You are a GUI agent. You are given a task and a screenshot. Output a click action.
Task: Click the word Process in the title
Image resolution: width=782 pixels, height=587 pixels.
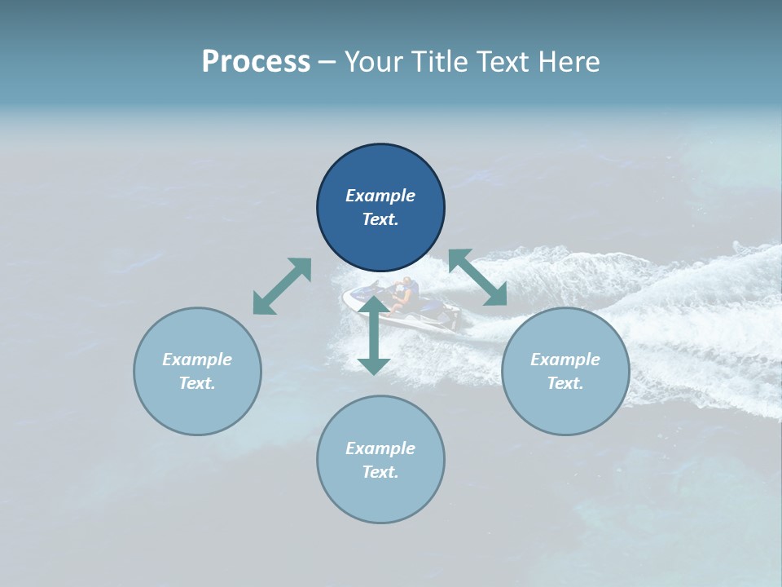point(256,62)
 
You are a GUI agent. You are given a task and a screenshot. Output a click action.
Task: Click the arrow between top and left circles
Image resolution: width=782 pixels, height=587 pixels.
point(282,286)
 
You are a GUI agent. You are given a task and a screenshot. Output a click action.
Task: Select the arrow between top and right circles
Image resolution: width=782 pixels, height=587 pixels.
point(477,278)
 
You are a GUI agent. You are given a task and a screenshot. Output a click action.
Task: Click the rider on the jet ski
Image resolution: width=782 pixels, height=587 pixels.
point(402,295)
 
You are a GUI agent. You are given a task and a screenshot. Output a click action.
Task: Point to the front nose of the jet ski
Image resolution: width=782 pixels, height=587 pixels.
point(348,299)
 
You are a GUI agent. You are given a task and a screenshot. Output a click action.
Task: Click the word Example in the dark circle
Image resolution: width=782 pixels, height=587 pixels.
point(380,196)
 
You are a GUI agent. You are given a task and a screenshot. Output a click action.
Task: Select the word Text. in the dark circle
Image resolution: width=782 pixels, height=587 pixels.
point(380,219)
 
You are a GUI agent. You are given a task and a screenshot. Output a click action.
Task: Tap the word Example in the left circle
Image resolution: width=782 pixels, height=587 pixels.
point(197,360)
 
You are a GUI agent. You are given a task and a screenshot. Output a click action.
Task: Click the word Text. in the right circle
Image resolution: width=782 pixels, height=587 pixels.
point(565,383)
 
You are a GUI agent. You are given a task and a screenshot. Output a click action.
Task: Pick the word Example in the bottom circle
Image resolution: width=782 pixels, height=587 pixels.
point(380,448)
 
